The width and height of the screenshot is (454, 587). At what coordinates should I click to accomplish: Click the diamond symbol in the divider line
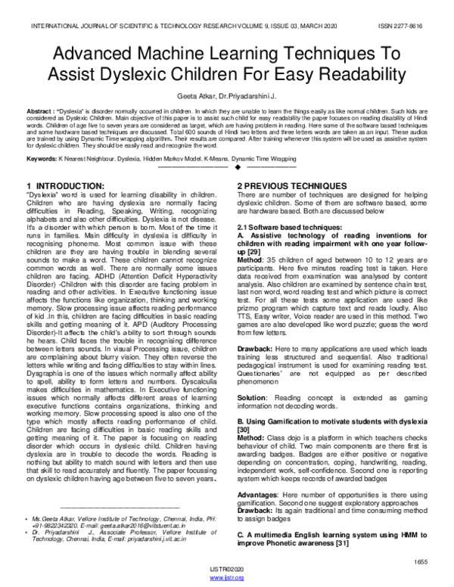point(226,168)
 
